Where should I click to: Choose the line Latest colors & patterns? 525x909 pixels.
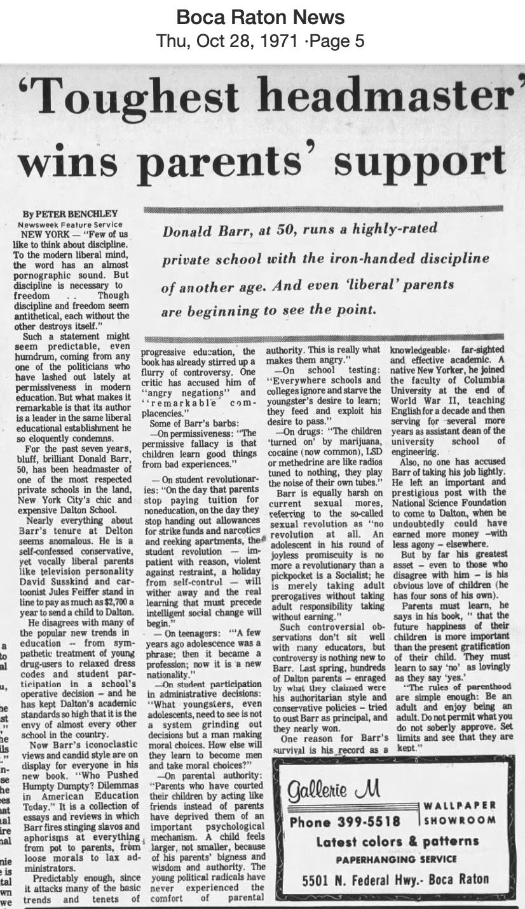(x=398, y=842)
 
